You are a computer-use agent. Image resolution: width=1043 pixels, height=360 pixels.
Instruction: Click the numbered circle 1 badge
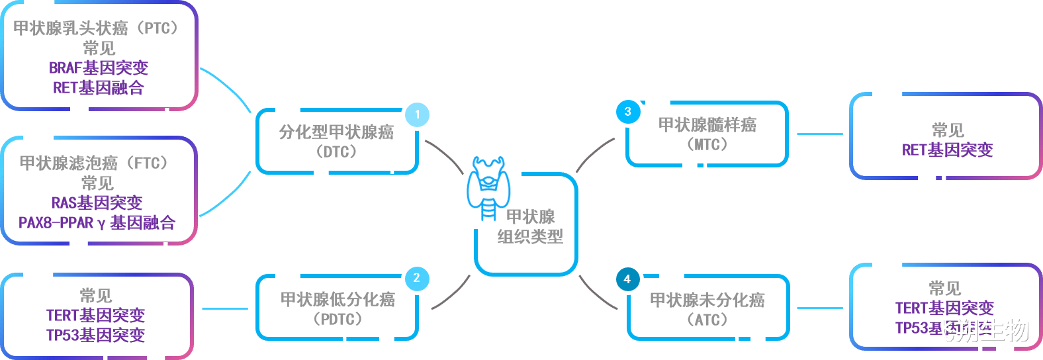[x=418, y=114]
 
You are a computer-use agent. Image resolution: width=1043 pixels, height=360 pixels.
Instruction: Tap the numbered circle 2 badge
[x=416, y=278]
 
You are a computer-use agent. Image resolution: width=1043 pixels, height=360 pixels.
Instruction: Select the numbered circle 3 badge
[x=627, y=112]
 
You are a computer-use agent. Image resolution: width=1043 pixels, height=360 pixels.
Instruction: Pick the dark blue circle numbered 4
[x=627, y=279]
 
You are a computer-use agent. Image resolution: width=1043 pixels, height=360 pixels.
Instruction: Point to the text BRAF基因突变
[x=99, y=68]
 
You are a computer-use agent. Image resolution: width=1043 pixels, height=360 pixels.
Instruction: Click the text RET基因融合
[x=99, y=88]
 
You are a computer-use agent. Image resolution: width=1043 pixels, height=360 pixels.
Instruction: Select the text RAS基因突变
[x=97, y=202]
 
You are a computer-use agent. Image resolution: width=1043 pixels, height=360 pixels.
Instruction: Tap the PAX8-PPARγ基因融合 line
[x=97, y=223]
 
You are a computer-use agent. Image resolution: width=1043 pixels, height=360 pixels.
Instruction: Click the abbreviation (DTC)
[x=336, y=152]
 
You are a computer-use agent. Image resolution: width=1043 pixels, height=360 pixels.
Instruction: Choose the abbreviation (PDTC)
[x=338, y=319]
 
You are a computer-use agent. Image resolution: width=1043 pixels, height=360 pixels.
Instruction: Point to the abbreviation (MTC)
[x=707, y=144]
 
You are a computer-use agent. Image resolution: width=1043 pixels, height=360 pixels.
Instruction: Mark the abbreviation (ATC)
[x=707, y=320]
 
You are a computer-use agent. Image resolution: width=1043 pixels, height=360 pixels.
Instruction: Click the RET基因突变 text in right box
[x=947, y=150]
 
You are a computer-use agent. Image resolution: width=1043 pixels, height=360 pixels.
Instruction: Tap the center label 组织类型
[x=530, y=236]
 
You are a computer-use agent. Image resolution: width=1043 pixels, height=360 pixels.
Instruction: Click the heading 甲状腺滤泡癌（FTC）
[x=97, y=163]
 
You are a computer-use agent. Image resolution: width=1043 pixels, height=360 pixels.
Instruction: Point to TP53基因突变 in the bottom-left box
[x=95, y=335]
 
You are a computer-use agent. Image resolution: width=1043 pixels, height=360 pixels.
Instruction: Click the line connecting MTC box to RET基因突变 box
[x=819, y=134]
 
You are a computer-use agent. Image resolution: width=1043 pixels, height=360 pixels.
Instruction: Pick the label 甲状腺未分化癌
[x=707, y=300]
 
